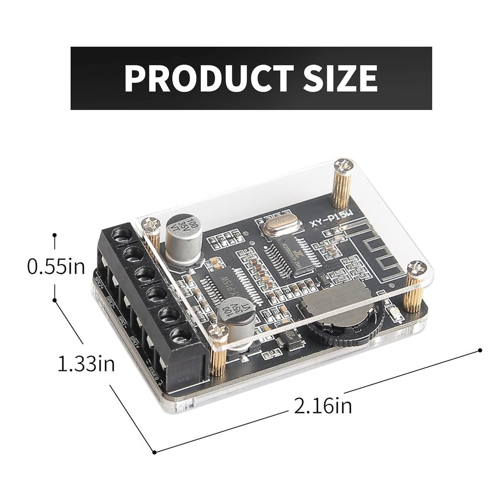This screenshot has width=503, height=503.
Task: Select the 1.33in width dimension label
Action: point(86,364)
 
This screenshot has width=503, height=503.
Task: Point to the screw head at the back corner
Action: point(342,166)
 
